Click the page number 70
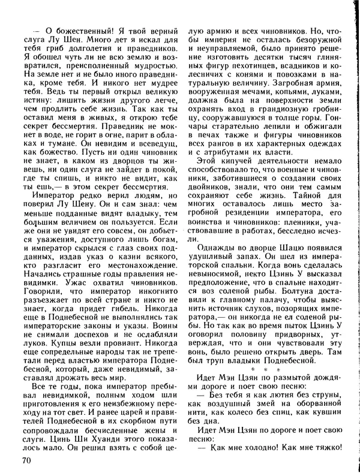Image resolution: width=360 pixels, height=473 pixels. pyautogui.click(x=25, y=460)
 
